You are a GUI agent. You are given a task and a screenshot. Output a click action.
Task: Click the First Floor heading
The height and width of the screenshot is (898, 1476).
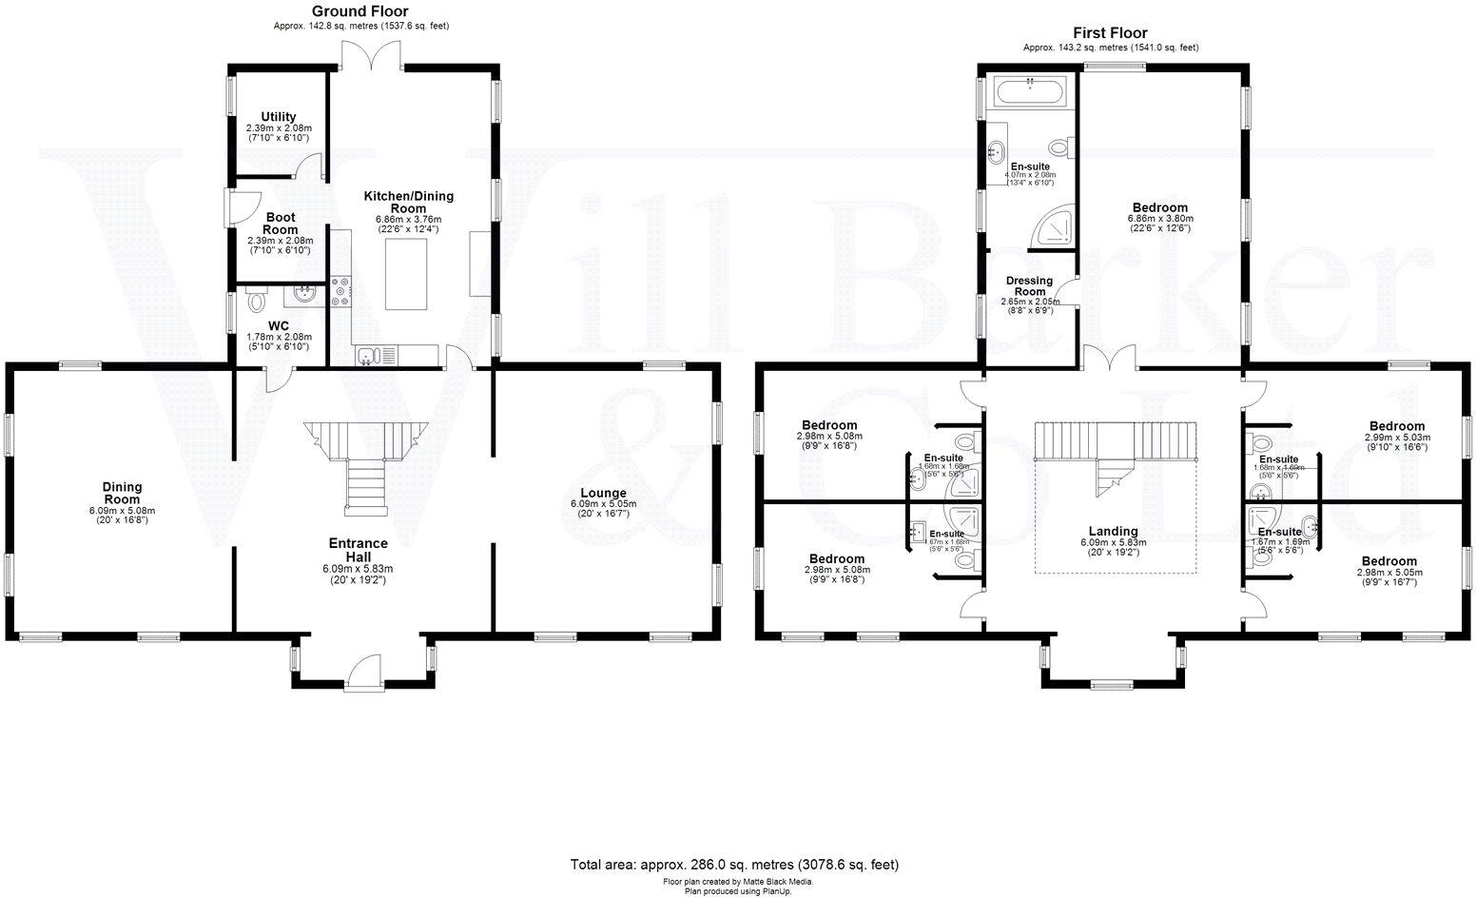pyautogui.click(x=1110, y=32)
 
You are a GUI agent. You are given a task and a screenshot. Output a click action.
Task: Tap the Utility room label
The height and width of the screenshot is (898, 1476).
pyautogui.click(x=279, y=117)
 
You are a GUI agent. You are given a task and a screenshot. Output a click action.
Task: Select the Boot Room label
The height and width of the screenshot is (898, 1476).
pyautogui.click(x=280, y=224)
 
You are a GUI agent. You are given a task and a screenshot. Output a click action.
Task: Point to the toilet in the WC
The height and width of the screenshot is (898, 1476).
pyautogui.click(x=255, y=302)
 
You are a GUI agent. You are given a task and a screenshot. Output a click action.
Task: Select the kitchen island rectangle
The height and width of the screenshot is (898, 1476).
pyautogui.click(x=408, y=275)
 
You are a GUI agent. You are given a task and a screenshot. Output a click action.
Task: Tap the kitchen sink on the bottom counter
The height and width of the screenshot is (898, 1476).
pyautogui.click(x=370, y=356)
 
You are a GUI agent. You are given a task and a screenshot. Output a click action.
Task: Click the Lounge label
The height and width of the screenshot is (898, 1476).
pyautogui.click(x=598, y=493)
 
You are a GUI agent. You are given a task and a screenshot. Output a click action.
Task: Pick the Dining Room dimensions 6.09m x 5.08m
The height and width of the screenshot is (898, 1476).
pyautogui.click(x=122, y=511)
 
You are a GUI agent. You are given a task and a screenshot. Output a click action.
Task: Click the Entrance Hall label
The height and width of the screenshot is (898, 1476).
pyautogui.click(x=358, y=550)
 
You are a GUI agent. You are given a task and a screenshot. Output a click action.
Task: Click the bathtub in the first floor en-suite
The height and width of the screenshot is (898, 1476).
pyautogui.click(x=1031, y=93)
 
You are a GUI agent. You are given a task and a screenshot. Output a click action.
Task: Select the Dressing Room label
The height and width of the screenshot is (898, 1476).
pyautogui.click(x=1029, y=286)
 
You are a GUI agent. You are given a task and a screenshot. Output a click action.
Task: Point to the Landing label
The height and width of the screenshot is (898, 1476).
pyautogui.click(x=1113, y=532)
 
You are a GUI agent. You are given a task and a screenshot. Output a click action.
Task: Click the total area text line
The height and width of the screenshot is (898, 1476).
pyautogui.click(x=733, y=865)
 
